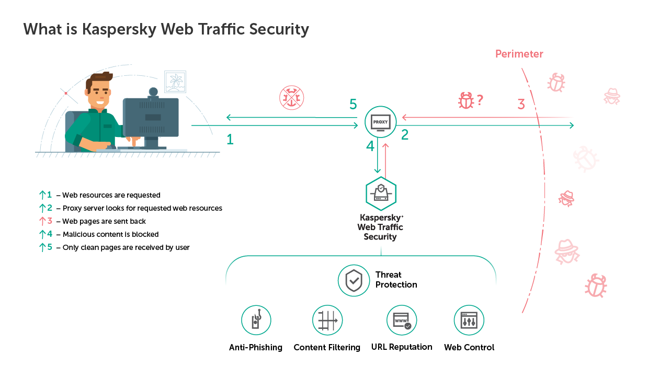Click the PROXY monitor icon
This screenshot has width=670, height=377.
coord(380,122)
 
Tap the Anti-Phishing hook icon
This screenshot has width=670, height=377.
coord(256,321)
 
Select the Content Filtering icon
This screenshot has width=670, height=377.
coord(327,321)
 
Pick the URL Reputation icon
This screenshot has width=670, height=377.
coord(402,320)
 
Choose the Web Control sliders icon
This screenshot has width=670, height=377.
coord(469,321)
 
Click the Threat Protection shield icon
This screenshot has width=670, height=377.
coord(354,280)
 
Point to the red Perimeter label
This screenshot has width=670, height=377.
coord(519,54)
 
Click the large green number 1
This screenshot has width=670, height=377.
coord(230,140)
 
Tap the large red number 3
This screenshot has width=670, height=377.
coord(521,105)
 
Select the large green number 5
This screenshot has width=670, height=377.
coord(353,105)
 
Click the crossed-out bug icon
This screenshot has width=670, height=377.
coord(291,98)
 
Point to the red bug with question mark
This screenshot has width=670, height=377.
coord(466,100)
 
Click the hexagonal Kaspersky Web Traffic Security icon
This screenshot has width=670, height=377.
coord(381,193)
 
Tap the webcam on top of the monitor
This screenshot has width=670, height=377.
coord(153,93)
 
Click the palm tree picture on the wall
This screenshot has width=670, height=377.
coord(175,82)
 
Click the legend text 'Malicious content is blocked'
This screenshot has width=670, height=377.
coord(110,234)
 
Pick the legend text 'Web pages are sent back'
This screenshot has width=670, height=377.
coord(104,221)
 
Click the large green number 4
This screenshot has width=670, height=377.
coord(370,147)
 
